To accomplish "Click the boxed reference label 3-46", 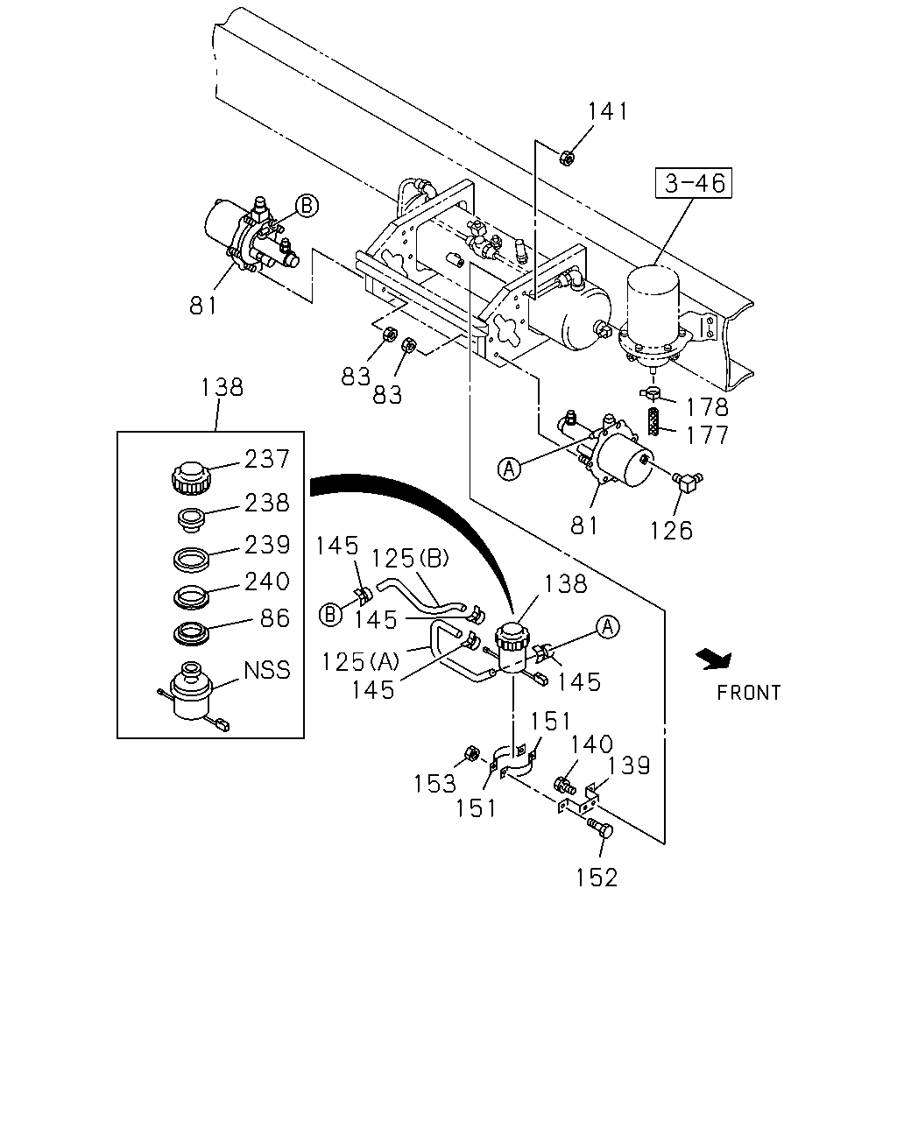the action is coord(693,183).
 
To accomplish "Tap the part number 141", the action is coord(608,111).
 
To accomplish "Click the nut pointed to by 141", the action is coord(567,157).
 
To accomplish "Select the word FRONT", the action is coord(748,693).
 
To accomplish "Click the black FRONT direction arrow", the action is coord(715,659).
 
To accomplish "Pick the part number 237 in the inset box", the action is coord(267,459).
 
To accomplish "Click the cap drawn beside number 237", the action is coord(191,477).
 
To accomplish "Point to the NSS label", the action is coord(267,670).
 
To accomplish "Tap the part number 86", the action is coord(275,618).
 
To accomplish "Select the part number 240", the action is coord(267,582).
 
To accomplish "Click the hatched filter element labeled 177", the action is coord(653,422).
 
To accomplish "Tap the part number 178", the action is coord(707,407).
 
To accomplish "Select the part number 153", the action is coord(434,784).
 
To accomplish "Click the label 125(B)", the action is coord(410,559).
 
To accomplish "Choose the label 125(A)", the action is coord(360,661).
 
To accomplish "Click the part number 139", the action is coord(629,765).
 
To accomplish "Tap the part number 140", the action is coord(591,744).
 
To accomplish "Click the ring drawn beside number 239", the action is coord(191,560).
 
